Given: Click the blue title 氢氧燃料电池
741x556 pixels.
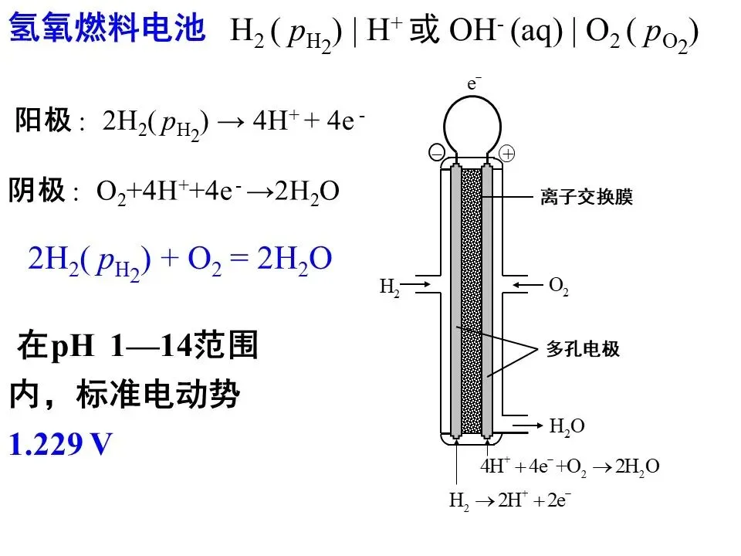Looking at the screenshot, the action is [107, 29].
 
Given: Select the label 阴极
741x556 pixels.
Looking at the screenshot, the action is [36, 191].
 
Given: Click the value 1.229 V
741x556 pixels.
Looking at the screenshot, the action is [60, 445].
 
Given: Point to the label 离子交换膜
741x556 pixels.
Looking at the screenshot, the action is [586, 198].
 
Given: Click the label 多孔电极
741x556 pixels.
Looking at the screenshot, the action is [583, 349].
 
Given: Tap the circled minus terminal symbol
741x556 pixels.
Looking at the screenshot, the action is [437, 154].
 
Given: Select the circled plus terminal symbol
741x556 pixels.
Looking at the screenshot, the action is [506, 154].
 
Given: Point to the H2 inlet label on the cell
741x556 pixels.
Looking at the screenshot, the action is [390, 287].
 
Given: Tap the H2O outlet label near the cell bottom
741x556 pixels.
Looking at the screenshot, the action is [567, 426].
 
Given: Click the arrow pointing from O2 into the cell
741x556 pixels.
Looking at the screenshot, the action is [529, 286].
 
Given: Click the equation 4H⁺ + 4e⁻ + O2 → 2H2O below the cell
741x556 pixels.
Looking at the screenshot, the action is [570, 466].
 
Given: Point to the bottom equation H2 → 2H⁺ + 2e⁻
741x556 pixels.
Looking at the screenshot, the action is [510, 500].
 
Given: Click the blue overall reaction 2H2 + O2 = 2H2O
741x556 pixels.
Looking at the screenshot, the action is [180, 259].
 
